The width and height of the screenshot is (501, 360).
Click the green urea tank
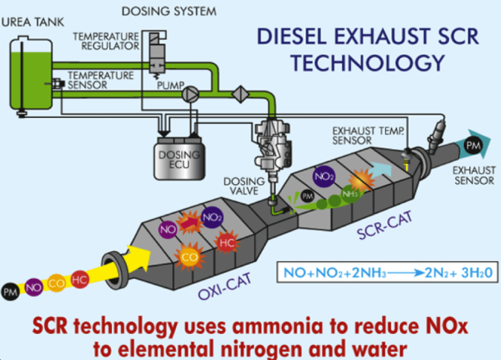(x=31, y=74)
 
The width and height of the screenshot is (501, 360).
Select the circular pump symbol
(x=191, y=94)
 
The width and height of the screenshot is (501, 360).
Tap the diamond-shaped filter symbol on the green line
(x=240, y=94)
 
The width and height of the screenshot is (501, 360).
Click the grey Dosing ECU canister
(x=180, y=158)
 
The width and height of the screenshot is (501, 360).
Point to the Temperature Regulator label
(x=105, y=42)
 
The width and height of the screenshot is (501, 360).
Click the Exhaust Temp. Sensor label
(x=367, y=136)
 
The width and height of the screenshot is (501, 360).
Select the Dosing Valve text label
(x=244, y=186)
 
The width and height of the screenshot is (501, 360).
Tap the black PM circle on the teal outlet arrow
(x=474, y=145)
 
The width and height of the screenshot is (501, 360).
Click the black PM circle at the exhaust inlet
(x=10, y=292)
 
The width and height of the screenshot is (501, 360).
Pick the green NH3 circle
(x=350, y=194)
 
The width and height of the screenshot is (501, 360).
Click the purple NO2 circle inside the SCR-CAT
(x=324, y=177)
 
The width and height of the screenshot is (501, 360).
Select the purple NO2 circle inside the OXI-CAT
(x=212, y=217)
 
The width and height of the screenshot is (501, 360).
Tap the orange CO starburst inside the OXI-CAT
(x=189, y=257)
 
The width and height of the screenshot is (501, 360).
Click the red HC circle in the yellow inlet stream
(x=79, y=280)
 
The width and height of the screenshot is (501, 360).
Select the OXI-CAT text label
(x=225, y=287)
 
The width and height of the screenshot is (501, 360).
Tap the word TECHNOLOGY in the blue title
(x=367, y=62)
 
